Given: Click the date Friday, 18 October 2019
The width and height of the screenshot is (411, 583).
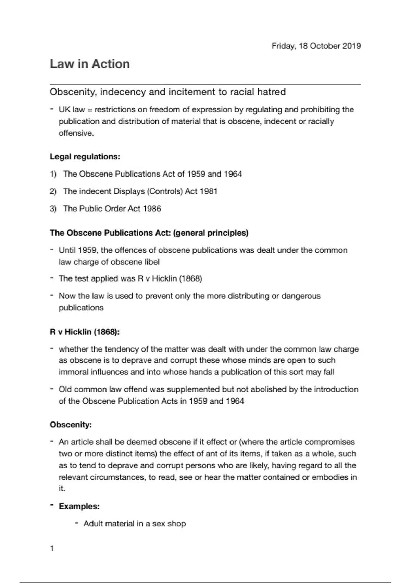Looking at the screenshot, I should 316,46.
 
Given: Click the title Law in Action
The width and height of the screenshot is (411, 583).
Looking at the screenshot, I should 90,64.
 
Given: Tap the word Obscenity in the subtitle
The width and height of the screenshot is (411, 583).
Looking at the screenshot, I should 71,92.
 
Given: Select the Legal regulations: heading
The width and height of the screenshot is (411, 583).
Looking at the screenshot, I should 85,157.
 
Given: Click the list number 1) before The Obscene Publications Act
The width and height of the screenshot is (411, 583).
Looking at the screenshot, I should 53,174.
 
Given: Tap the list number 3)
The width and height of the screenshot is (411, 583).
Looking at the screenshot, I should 53,209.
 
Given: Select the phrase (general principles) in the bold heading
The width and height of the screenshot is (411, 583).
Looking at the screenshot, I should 211,233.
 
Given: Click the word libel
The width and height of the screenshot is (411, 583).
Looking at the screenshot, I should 152,262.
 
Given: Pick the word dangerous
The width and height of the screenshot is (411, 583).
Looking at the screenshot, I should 301,296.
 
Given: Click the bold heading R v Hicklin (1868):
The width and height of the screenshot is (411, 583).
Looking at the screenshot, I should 85,332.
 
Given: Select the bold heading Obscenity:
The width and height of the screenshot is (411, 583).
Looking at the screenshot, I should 71,425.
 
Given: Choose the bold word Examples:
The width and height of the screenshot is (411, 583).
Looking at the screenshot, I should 79,507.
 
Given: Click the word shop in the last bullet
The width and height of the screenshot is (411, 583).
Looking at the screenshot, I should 177,524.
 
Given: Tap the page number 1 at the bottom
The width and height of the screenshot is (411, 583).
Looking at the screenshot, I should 52,549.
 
